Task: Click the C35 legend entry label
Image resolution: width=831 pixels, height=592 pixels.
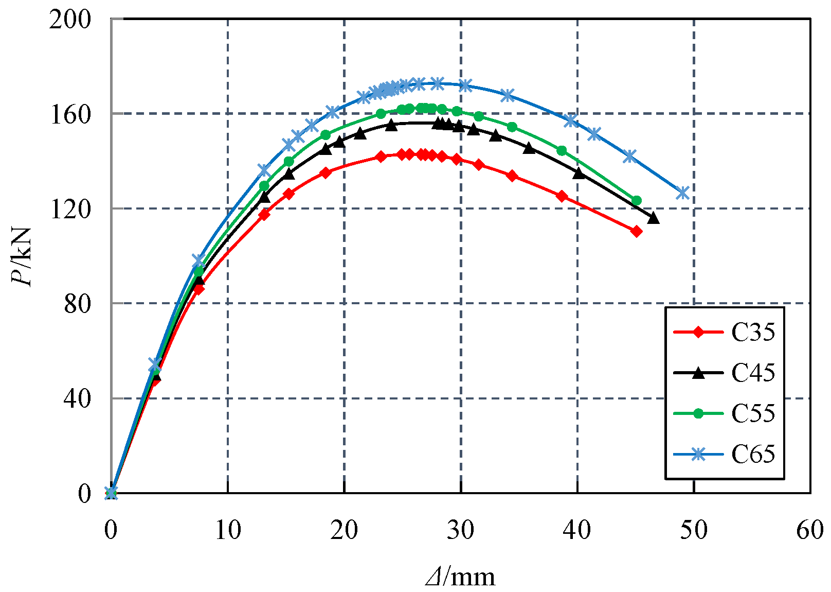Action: click(x=753, y=332)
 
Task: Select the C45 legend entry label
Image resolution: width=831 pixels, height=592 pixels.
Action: click(x=753, y=373)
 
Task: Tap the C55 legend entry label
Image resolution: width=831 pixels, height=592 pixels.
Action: click(x=753, y=413)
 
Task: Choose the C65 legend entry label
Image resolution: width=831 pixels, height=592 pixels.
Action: click(x=753, y=454)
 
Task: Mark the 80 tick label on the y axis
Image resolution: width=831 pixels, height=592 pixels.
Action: click(x=77, y=304)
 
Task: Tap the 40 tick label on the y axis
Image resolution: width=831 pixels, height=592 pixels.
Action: click(x=77, y=398)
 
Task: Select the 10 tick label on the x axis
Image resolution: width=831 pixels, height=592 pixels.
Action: click(x=228, y=530)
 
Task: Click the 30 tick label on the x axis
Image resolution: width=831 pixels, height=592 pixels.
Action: click(x=461, y=530)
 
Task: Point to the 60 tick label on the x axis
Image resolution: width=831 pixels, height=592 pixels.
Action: click(x=810, y=530)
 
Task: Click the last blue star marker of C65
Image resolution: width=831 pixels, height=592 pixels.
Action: click(x=682, y=193)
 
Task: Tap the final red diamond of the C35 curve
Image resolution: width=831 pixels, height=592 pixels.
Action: click(x=636, y=232)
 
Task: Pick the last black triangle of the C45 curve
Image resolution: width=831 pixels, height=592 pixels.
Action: click(x=654, y=218)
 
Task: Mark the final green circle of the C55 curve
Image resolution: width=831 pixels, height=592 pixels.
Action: click(x=636, y=201)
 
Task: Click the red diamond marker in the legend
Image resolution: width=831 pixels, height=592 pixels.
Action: click(x=698, y=332)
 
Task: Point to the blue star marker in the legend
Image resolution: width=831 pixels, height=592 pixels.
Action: click(x=698, y=454)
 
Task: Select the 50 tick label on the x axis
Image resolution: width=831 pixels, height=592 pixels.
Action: click(x=694, y=530)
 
